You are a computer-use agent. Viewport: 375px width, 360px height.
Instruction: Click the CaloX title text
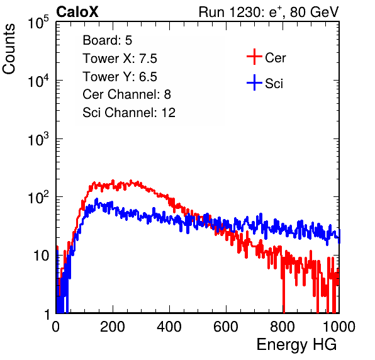pos(77,12)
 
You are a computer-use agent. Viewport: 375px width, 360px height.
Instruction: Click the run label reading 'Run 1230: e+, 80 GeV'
pos(269,12)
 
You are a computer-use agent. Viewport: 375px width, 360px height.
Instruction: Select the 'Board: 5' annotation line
pos(108,40)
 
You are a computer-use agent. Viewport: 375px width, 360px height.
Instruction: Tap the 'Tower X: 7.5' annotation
pos(120,59)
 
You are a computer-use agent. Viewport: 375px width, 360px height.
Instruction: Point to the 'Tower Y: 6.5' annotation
pos(120,77)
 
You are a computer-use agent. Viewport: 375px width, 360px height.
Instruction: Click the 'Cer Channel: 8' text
pos(126,94)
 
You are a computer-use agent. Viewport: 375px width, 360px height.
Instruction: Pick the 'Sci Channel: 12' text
pos(129,113)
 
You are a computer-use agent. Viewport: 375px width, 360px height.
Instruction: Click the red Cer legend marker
pos(254,57)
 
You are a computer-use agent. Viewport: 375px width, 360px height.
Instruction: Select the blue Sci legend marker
pos(254,82)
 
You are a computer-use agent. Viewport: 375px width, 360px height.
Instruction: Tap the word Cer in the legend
pos(276,58)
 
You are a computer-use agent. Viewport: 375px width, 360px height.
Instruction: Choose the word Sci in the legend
pos(274,84)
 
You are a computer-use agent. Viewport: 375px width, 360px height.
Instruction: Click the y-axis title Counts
pos(9,49)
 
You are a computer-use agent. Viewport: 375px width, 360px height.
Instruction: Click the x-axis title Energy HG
pos(296,345)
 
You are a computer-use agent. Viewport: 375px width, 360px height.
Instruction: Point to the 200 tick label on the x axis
pos(113,327)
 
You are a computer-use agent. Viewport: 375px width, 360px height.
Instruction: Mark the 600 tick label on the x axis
pos(226,327)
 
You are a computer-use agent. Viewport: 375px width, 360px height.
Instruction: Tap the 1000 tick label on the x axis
pos(339,327)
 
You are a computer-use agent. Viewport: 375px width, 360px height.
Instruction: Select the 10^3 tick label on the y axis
pos(38,138)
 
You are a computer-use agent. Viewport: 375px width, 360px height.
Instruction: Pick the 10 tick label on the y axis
pos(41,256)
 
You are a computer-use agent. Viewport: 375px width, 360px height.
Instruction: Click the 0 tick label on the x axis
pos(56,327)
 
